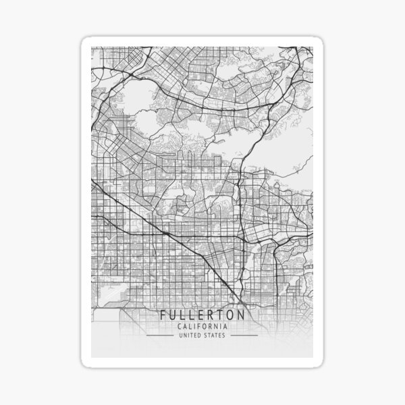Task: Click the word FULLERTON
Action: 202,315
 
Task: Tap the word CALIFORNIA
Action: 202,327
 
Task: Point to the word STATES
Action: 216,335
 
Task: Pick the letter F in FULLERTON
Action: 164,315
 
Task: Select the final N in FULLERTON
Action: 241,315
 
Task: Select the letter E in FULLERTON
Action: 202,315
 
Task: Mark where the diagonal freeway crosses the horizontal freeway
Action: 164,233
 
